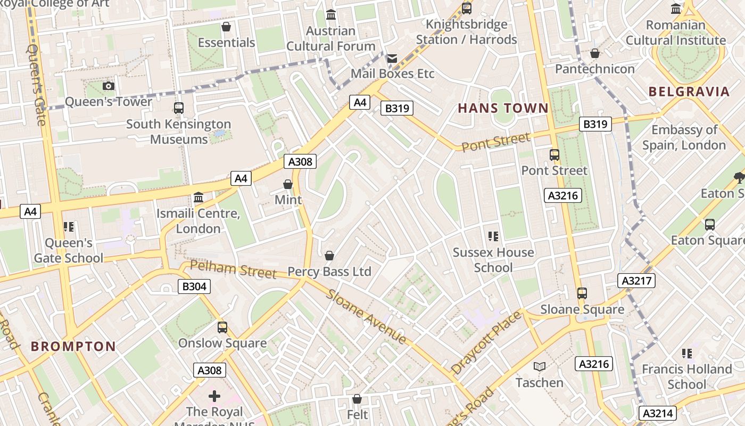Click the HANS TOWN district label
503,108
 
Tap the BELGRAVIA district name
689,92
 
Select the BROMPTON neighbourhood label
73,347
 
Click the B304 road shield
194,286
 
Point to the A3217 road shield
636,281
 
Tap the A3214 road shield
659,413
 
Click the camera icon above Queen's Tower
109,86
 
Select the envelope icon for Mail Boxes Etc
392,58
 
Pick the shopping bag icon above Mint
288,184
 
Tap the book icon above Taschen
540,366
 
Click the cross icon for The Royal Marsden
214,396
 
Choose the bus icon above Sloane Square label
582,293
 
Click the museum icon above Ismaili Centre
198,198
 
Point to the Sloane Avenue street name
367,316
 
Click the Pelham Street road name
233,269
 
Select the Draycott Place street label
485,342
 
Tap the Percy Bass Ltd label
329,272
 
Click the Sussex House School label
493,260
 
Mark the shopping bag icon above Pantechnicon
595,53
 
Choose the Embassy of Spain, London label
684,137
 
